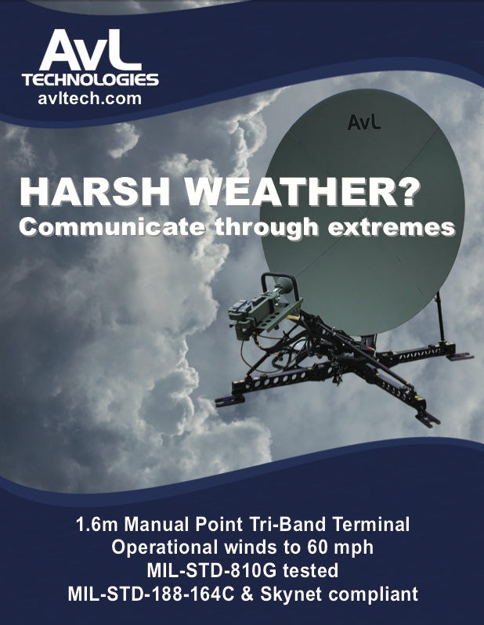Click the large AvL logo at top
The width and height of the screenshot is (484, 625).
(x=90, y=50)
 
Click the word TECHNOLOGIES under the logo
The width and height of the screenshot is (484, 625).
(x=90, y=80)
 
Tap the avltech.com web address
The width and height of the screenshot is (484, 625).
(x=90, y=99)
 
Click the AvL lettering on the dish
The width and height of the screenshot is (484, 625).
(x=363, y=122)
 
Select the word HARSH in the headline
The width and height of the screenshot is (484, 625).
(x=96, y=191)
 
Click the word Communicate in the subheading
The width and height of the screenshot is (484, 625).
(x=113, y=227)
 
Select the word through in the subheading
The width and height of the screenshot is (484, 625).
(x=267, y=228)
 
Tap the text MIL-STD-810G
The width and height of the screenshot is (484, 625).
(x=211, y=570)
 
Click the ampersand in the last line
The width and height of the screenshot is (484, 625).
(x=247, y=594)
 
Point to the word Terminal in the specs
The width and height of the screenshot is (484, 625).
(x=371, y=524)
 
